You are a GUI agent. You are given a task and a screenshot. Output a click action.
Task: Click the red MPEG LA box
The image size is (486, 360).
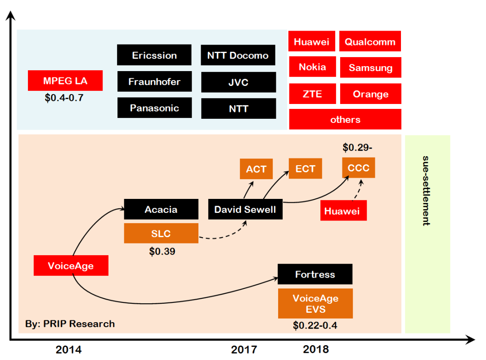tap(65, 81)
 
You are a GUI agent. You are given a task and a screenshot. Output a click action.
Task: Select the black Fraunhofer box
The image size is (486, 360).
tap(154, 81)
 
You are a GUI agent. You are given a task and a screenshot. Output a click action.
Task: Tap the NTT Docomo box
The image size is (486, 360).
tap(238, 55)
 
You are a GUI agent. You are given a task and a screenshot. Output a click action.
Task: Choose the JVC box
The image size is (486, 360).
tap(238, 82)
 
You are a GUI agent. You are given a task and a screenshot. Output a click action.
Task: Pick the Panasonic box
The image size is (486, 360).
tap(154, 108)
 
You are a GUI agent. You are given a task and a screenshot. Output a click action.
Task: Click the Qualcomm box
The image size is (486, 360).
tap(370, 42)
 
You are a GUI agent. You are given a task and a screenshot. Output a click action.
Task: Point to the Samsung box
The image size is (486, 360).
tap(370, 68)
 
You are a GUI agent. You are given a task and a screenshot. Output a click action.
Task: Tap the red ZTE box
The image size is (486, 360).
tap(312, 94)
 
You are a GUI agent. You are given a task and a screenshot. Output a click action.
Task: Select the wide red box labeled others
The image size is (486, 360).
tap(345, 119)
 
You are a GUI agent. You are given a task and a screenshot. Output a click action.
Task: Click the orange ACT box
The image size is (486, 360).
tap(256, 169)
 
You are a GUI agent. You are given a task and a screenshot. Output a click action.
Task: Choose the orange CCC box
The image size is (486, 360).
tap(358, 168)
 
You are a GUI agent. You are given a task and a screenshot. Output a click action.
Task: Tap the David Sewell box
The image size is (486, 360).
tap(245, 210)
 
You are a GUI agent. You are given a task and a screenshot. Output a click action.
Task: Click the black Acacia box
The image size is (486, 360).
tap(161, 209)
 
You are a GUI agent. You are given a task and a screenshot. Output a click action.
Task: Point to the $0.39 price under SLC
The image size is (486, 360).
tap(162, 252)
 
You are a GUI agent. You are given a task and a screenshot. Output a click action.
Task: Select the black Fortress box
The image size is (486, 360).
tap(315, 274)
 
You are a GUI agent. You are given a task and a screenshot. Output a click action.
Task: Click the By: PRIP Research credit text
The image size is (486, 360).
tap(70, 324)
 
